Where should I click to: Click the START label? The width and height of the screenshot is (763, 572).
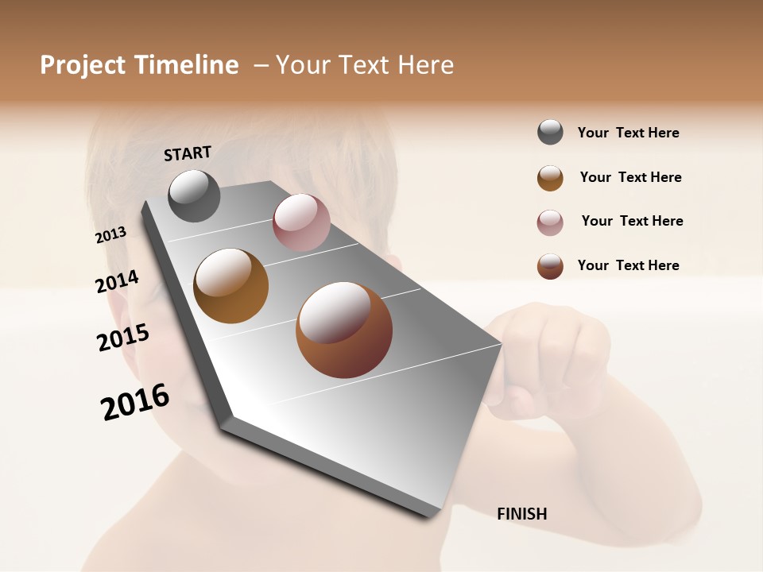[188, 153]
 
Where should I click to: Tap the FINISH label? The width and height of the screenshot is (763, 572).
[522, 514]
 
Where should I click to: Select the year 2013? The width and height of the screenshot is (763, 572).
[110, 235]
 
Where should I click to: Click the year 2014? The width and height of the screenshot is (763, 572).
[117, 282]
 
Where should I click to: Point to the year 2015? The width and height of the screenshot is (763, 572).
[123, 338]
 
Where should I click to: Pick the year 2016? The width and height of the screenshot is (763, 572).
[135, 402]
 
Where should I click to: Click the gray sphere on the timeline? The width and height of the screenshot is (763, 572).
[194, 196]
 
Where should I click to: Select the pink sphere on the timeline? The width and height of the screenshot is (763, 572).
[301, 222]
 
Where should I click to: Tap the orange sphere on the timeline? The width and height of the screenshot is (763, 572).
[231, 286]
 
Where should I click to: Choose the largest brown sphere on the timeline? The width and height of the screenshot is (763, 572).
[344, 330]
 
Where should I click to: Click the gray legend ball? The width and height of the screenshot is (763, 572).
[550, 133]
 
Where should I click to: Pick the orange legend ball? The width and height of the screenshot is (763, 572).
[550, 178]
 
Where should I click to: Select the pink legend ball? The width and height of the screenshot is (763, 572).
[550, 222]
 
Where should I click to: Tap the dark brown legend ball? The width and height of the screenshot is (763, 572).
[550, 266]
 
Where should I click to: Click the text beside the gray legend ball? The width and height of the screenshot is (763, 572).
[628, 133]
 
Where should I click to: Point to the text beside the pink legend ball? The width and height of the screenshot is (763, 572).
[632, 221]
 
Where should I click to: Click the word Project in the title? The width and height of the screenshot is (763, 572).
[83, 65]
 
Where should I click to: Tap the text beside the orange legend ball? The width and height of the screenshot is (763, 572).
[630, 177]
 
